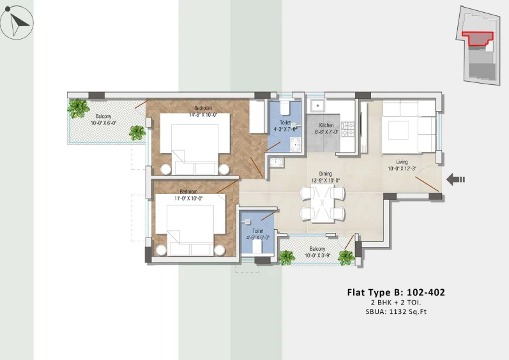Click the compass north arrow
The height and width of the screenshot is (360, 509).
point(19,24)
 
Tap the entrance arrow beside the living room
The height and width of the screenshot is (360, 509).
point(455,179)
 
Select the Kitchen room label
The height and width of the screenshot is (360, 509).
point(326,125)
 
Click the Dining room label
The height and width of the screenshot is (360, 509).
point(325,174)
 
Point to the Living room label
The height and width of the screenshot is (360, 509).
point(402,162)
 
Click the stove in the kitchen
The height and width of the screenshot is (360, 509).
point(347,129)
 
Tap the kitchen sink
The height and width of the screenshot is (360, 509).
point(317,106)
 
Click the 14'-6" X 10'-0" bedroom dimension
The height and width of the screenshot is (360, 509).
point(203,115)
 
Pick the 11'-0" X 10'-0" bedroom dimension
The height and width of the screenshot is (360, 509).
point(188,198)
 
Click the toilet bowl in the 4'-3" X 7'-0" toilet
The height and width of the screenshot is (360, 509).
point(285,109)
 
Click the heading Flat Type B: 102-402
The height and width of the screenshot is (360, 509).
point(396,292)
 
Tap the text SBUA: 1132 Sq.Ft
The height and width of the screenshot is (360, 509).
point(396,312)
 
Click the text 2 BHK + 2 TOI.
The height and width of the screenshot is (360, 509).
point(396,303)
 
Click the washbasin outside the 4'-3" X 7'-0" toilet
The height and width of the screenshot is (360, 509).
point(277,162)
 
